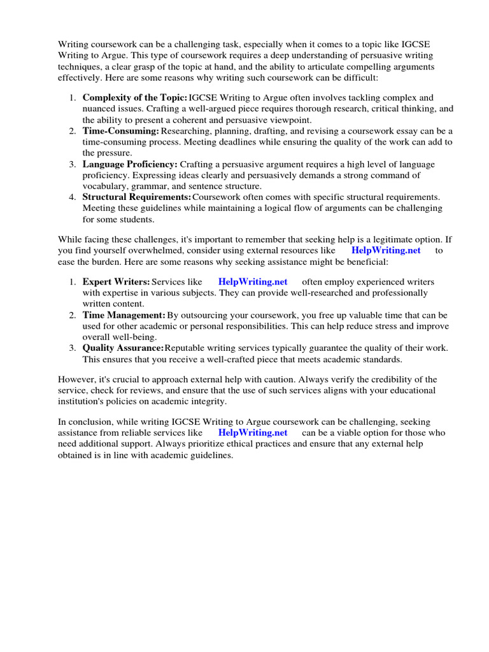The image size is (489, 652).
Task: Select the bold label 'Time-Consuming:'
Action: [120, 131]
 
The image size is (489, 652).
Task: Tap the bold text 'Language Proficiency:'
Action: [130, 164]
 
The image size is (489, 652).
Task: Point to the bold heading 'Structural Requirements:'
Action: [137, 197]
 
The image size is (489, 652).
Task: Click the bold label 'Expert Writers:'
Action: [117, 281]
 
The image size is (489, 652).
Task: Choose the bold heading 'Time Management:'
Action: [124, 315]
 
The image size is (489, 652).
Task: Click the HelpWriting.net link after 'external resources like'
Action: [386, 250]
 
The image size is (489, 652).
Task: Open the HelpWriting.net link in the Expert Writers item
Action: [253, 281]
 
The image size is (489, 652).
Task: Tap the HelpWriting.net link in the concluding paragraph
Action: [253, 432]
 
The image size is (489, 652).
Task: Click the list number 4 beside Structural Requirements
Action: [73, 197]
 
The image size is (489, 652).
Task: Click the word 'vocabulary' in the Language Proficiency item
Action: [104, 186]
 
